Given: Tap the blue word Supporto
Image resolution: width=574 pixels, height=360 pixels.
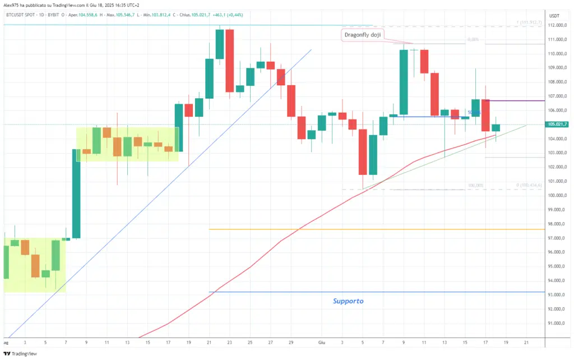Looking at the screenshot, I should click(x=348, y=301).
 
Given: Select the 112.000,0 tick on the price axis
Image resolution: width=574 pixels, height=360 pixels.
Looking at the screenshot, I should click(x=557, y=25).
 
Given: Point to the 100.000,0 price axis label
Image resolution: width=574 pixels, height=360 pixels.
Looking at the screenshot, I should click(x=557, y=196).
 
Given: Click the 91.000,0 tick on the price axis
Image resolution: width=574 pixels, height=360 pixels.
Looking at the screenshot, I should click(x=557, y=324).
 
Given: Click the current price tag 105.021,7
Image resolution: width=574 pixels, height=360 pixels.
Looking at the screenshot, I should click(x=558, y=124).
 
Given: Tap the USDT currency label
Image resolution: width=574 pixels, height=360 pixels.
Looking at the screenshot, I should click(x=554, y=16).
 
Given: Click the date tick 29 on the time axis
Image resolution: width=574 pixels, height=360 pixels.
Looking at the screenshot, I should click(x=291, y=341).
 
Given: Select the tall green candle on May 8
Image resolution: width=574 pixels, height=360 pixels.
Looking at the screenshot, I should click(x=76, y=193).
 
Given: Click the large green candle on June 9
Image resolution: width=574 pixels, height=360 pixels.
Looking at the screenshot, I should click(x=403, y=82).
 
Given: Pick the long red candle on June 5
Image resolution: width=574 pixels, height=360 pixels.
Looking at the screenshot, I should click(x=363, y=152).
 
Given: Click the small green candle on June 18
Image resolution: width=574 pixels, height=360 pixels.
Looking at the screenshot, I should click(x=496, y=128).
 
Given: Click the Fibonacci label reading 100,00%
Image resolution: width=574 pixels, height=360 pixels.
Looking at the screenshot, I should click(x=475, y=186).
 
